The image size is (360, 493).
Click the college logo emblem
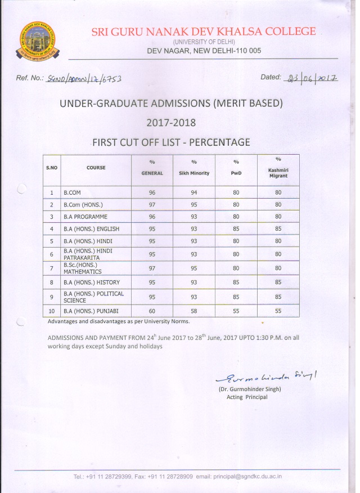(x=39, y=41)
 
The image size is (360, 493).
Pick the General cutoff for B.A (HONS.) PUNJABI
(x=152, y=311)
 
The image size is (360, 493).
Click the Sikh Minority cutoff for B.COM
(x=193, y=192)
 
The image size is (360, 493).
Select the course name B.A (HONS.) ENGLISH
(x=91, y=229)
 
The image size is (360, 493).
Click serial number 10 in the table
(x=51, y=311)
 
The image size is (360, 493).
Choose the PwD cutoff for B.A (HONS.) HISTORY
(x=236, y=282)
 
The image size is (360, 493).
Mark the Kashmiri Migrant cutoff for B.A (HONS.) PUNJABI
(x=278, y=311)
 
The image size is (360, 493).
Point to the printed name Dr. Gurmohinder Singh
(x=249, y=389)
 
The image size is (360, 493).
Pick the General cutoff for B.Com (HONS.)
(x=152, y=204)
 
